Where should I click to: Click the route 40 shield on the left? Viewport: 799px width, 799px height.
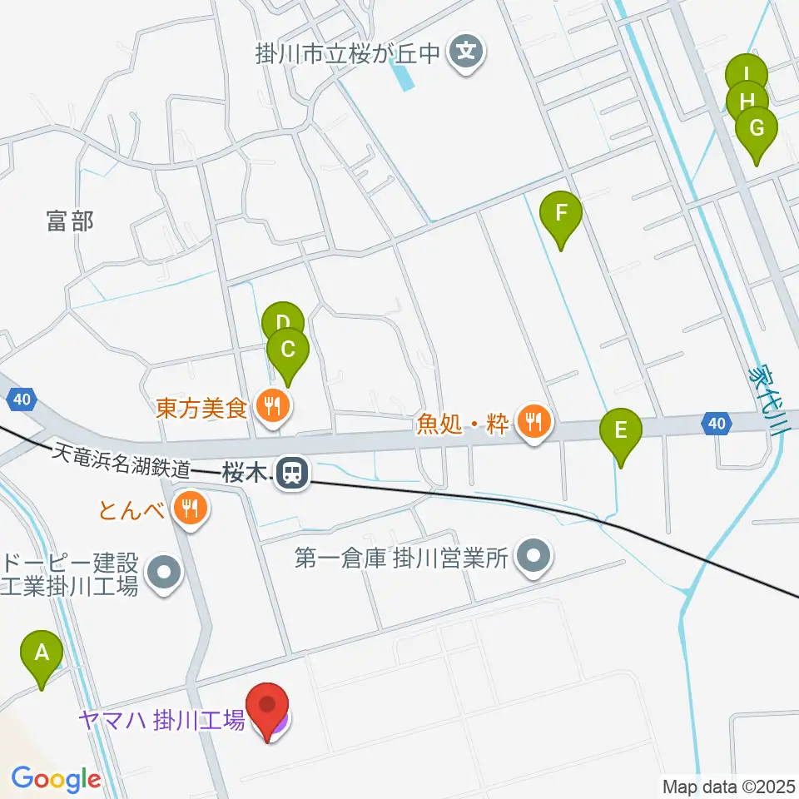(x=22, y=400)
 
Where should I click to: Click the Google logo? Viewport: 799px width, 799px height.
(x=55, y=779)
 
